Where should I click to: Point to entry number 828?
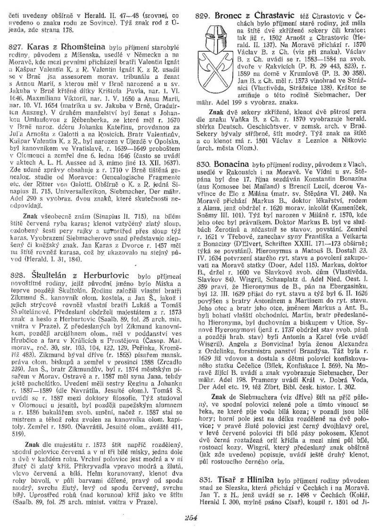click(x=17, y=276)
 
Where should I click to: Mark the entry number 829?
click(x=203, y=16)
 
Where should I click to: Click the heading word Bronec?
click(x=229, y=16)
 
